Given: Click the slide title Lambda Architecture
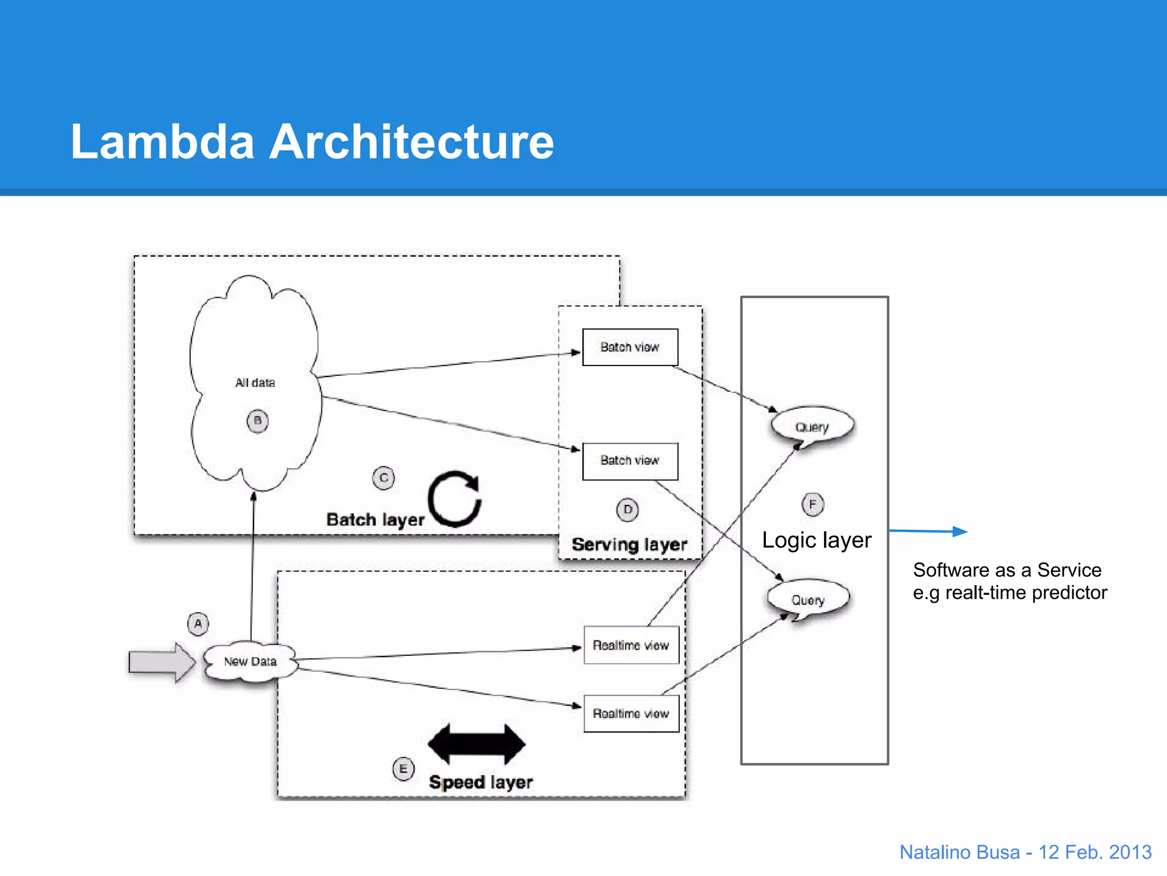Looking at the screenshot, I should coord(312,141).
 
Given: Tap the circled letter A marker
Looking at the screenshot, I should coord(198,623).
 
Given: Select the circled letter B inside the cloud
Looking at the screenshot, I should coord(258,421).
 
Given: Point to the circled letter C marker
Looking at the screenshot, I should coord(383,478).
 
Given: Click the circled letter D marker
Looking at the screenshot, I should coord(627,509).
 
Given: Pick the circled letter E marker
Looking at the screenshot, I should coord(403,769).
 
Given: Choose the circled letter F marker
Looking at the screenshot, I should coord(813,504).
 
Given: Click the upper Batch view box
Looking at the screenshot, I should coord(630,347).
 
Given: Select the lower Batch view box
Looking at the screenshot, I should coord(630,461).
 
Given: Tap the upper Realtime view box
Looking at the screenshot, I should coord(631,645).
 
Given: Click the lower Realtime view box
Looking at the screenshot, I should coord(631,713).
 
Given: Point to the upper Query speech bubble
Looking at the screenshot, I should coord(812,426).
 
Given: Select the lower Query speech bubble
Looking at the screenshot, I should coord(808,599).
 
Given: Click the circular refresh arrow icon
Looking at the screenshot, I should coord(455,498).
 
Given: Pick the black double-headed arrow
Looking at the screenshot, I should coord(476,744).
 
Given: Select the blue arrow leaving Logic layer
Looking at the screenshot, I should coord(928,531).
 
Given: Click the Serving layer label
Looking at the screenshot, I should coord(629,544).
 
